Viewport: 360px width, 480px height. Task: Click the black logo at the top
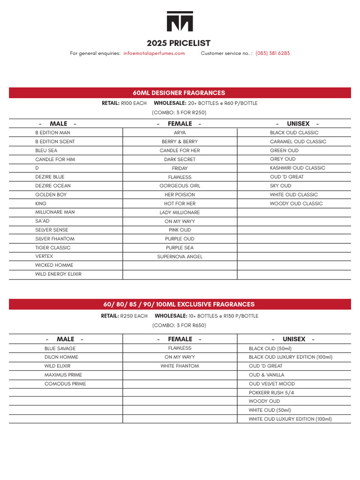point(180,21)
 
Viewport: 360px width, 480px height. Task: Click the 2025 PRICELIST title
point(179,43)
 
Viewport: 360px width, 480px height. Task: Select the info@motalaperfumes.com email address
point(154,53)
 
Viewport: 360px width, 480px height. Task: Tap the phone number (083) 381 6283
point(272,53)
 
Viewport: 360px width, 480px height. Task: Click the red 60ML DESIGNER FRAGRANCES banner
point(180,93)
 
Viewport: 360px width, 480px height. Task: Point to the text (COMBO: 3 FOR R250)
point(179,112)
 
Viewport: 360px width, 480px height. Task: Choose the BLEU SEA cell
point(46,150)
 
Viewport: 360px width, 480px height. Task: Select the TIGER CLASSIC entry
point(53,247)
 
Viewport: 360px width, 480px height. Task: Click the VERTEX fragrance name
point(44,256)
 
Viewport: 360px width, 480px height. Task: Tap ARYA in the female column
point(180,133)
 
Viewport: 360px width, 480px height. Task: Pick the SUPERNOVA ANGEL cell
point(180,257)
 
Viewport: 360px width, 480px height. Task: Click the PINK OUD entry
point(180,230)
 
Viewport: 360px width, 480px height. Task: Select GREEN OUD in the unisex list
point(284,150)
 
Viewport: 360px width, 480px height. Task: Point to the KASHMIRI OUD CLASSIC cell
point(297,168)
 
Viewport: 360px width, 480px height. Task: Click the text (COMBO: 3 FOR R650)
point(179,325)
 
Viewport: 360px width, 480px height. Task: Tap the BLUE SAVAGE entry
point(60,349)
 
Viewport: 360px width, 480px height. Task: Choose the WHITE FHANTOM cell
point(180,366)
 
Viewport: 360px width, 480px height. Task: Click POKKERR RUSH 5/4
point(271,393)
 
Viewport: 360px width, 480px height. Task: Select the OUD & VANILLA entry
point(266,375)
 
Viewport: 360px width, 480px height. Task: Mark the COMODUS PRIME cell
point(65,384)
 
